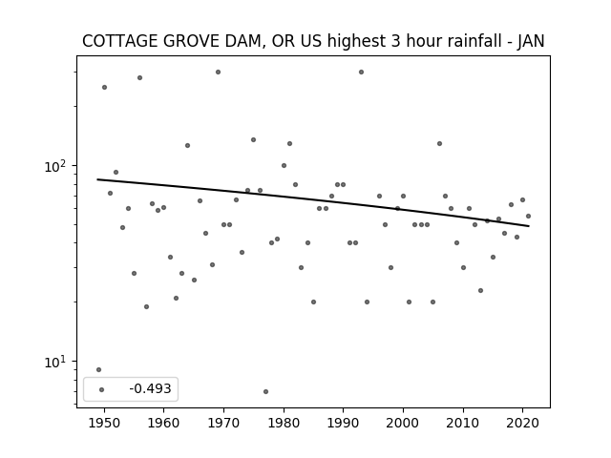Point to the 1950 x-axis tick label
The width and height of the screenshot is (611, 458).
[x=104, y=423]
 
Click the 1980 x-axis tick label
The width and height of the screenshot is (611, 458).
[x=284, y=423]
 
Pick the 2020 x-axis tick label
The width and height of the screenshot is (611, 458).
[x=522, y=423]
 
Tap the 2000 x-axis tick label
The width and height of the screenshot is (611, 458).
[x=403, y=423]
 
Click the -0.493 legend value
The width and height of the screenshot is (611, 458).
[x=151, y=388]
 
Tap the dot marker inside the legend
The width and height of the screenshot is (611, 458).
[x=102, y=389]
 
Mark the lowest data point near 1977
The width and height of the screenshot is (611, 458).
[x=265, y=391]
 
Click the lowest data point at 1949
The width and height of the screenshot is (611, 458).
[x=98, y=369]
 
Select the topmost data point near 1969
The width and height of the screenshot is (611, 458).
[x=219, y=73]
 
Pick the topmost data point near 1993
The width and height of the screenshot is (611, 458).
[x=361, y=73]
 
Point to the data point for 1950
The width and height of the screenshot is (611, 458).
[x=104, y=87]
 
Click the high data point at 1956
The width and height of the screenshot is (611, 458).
[x=140, y=78]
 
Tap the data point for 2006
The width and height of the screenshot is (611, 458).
[x=439, y=144]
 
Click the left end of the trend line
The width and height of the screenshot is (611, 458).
[x=97, y=179]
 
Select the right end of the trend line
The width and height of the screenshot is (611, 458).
[x=529, y=226]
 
